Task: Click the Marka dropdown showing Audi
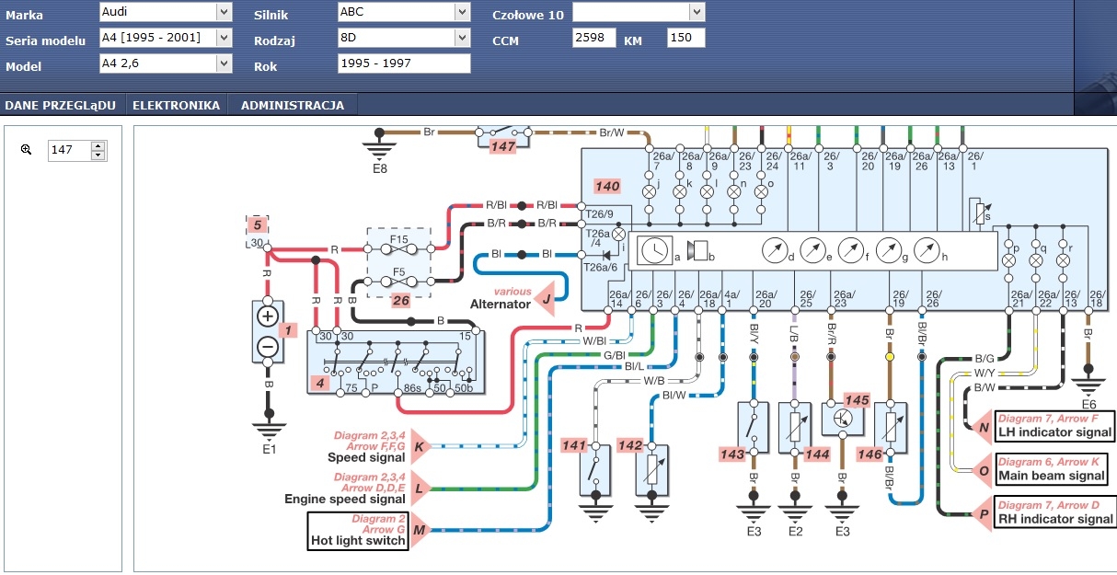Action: click(x=165, y=12)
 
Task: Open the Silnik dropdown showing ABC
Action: click(x=404, y=12)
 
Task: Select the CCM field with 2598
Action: click(x=594, y=39)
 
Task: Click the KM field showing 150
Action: click(x=685, y=39)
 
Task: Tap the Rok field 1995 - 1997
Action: click(x=404, y=64)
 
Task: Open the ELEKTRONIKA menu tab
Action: click(x=176, y=106)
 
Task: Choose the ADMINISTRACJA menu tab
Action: click(x=293, y=106)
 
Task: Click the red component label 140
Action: click(x=607, y=186)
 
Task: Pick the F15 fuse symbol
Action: click(x=398, y=247)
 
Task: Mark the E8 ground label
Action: click(x=380, y=168)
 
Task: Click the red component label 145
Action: click(x=857, y=400)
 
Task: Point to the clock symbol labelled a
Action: click(x=655, y=250)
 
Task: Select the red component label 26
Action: click(x=400, y=299)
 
